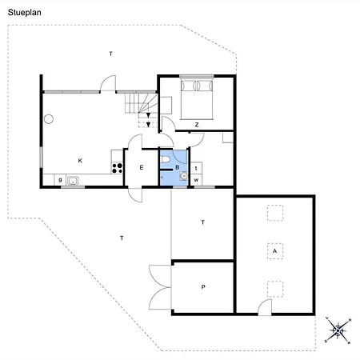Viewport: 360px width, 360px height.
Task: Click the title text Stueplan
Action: [25, 11]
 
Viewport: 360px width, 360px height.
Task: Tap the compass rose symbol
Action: [338, 330]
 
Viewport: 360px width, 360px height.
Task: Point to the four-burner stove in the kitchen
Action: [117, 168]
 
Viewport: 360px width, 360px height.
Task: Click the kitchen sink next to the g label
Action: [74, 181]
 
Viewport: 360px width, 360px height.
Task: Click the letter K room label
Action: [80, 161]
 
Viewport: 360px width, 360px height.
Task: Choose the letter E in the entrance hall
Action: [141, 167]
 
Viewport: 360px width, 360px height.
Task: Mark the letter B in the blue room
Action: [177, 167]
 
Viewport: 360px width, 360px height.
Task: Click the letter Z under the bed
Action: [196, 124]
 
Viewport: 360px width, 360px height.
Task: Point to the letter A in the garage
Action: [274, 251]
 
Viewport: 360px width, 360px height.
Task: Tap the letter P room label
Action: [203, 286]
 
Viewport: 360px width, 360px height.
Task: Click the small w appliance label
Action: [196, 180]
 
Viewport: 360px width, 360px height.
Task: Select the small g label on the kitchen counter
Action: [60, 180]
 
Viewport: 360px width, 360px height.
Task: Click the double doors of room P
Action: [160, 286]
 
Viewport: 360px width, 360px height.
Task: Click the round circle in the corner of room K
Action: [49, 119]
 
